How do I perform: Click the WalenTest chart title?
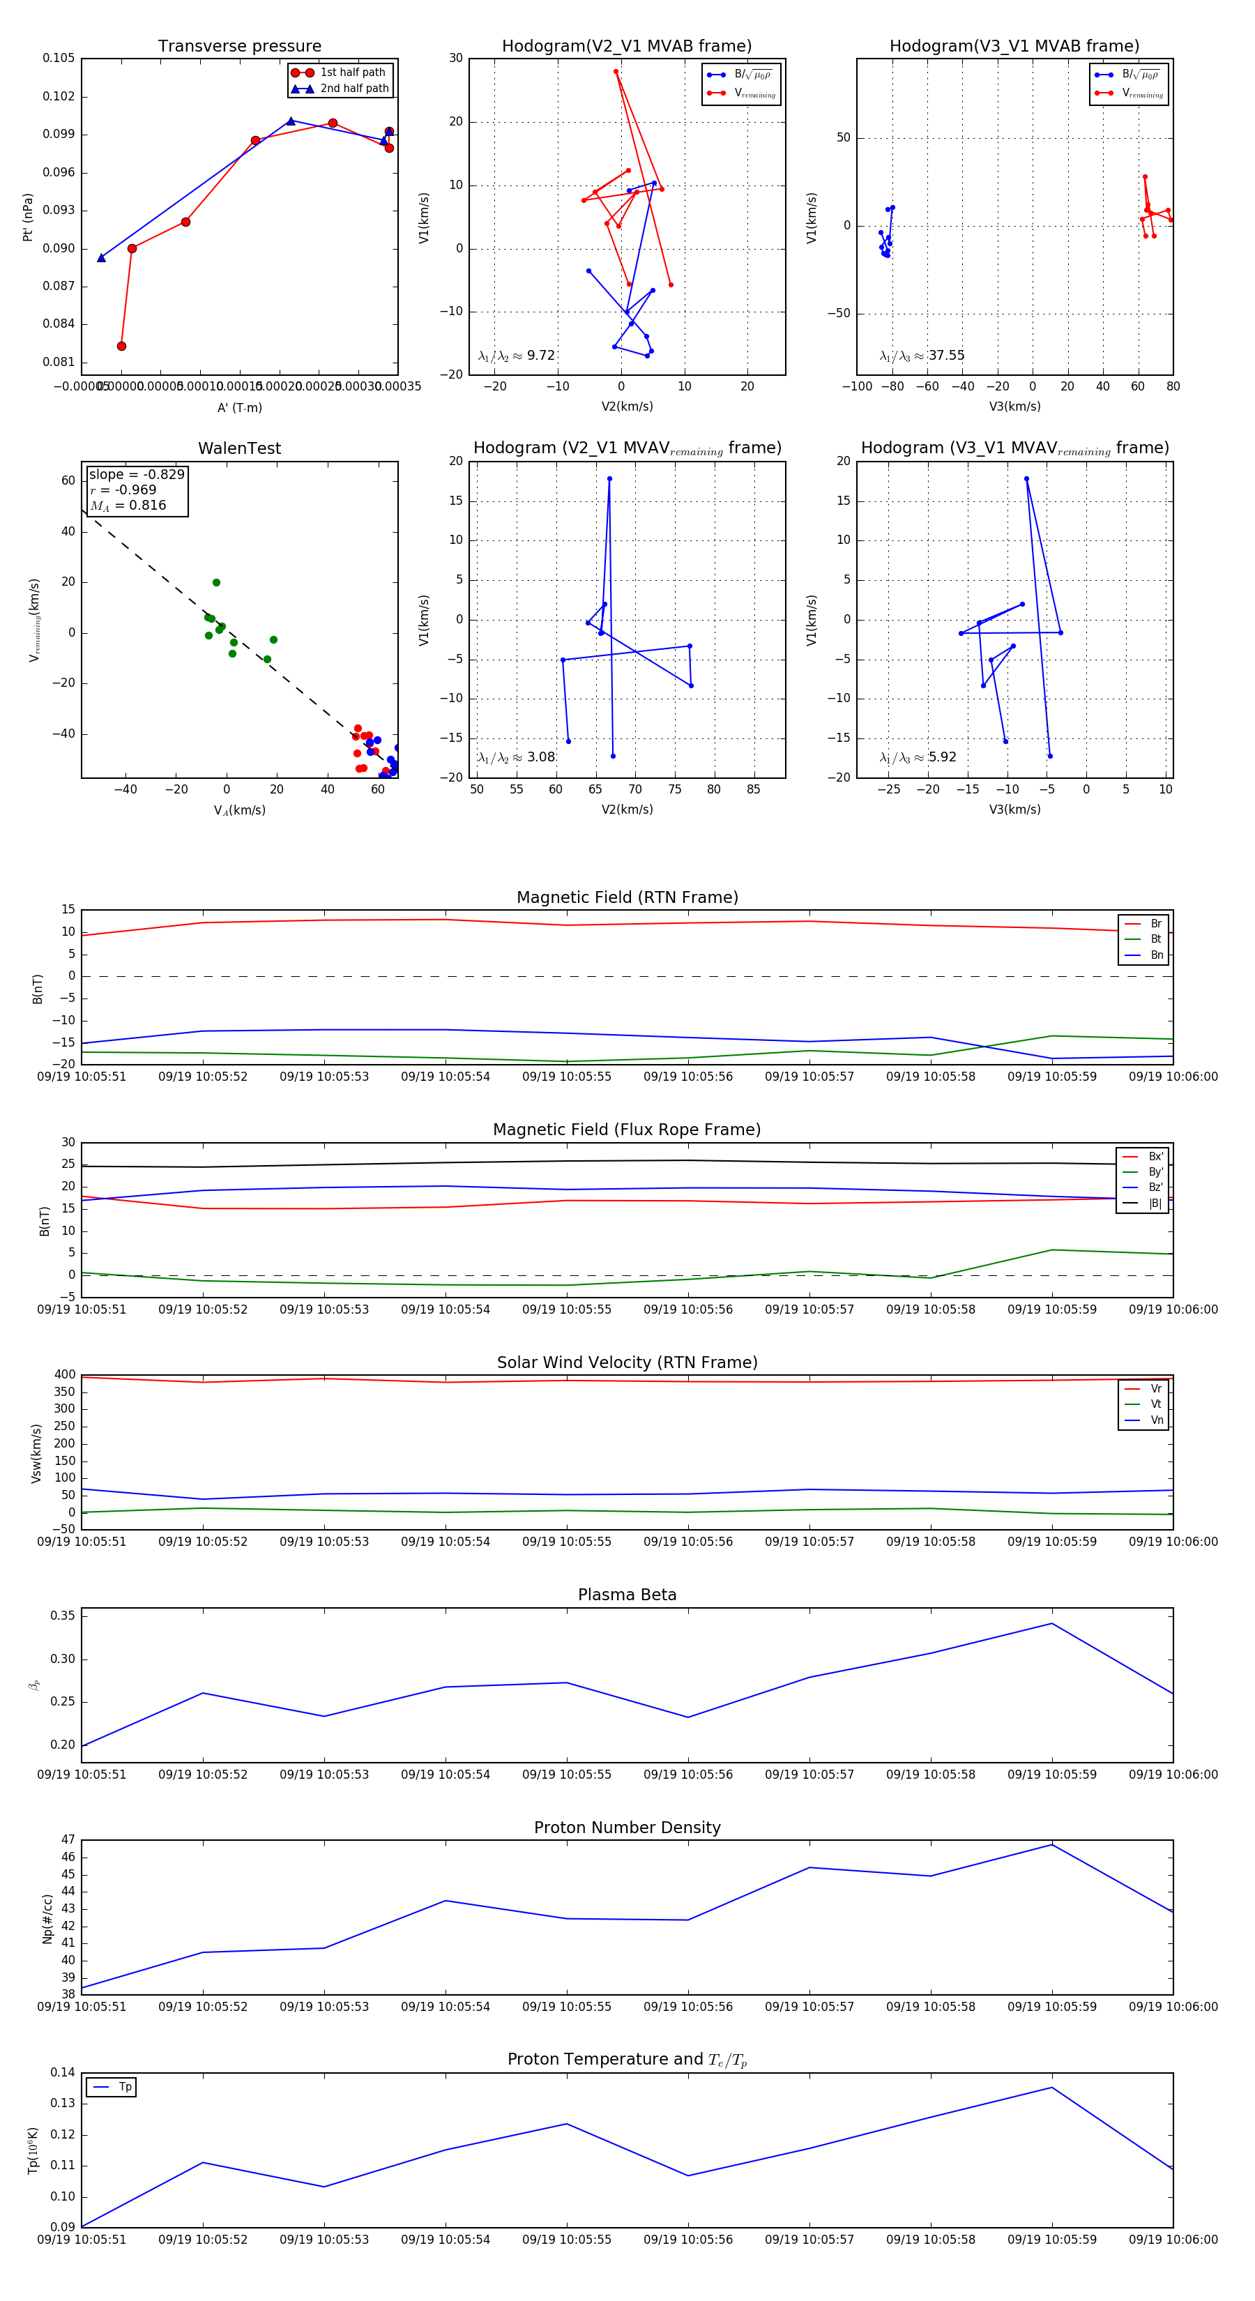click(x=239, y=448)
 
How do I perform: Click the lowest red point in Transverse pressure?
click(x=121, y=346)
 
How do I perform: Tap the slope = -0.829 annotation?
click(x=137, y=474)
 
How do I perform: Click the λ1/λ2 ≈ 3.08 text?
click(x=516, y=757)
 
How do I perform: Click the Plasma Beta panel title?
click(x=627, y=1595)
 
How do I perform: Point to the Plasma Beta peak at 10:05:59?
click(x=1051, y=1624)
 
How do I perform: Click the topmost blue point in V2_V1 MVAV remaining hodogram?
click(x=610, y=479)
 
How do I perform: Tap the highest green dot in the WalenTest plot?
click(x=216, y=582)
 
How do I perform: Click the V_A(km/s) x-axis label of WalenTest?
click(x=239, y=810)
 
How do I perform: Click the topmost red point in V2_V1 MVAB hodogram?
click(x=616, y=71)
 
